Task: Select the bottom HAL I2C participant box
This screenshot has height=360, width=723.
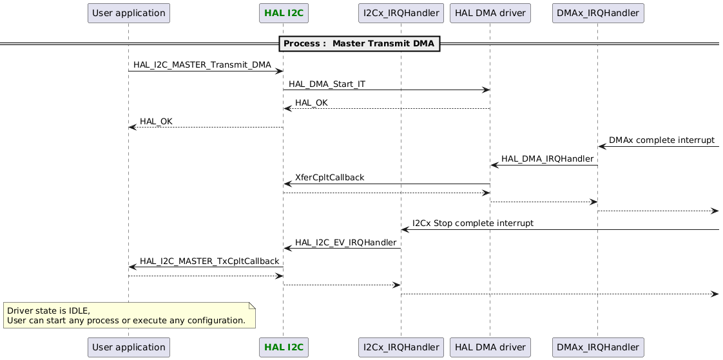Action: pos(282,347)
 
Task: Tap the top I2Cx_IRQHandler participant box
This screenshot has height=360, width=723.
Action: pos(401,13)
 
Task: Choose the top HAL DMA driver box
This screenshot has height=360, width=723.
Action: pos(490,13)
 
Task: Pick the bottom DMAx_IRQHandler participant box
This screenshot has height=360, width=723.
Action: pos(597,347)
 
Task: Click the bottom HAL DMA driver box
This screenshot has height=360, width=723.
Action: pos(490,347)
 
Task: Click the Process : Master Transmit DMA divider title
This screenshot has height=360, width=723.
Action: pos(360,44)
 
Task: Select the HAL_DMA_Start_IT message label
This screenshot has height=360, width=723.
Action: pos(327,84)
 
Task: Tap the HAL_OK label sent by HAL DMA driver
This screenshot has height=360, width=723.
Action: pos(311,103)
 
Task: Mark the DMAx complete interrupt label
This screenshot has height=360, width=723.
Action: pos(661,140)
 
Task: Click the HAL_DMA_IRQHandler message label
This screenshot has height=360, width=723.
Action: pos(546,159)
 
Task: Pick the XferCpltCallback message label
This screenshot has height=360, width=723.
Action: pos(329,178)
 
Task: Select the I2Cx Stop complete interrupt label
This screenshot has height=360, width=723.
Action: pos(472,223)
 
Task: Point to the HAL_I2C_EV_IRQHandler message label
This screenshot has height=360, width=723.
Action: pos(345,242)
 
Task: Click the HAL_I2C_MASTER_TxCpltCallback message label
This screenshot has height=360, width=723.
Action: pos(209,261)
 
